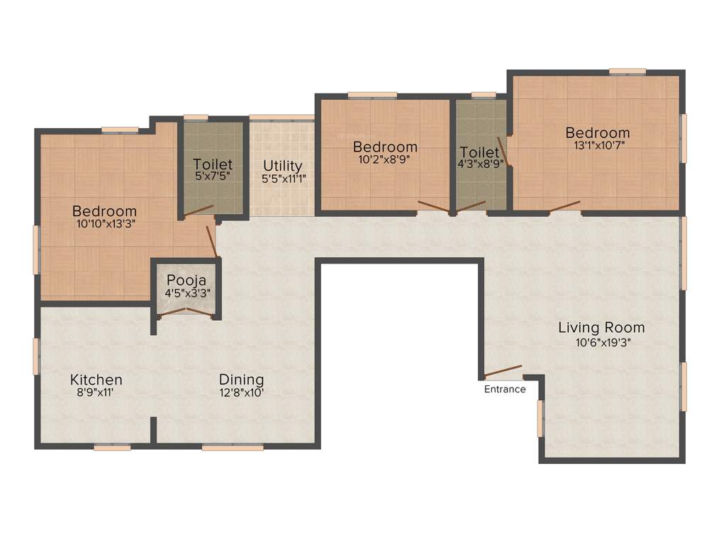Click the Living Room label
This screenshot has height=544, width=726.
coord(601,327)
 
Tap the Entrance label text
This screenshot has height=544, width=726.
coord(505,389)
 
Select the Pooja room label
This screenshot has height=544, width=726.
coord(186,279)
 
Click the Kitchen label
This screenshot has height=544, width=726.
coord(96,380)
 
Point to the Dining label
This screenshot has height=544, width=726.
coord(241,380)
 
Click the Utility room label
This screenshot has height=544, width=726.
coord(282,166)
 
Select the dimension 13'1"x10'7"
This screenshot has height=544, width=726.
coord(597,145)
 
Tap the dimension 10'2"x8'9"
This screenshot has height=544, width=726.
coord(385,159)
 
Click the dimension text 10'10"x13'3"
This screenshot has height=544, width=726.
coord(104,223)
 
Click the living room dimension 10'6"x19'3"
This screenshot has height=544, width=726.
coord(603,342)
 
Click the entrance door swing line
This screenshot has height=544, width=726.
coord(503,372)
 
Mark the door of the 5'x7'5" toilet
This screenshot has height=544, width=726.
coord(199,209)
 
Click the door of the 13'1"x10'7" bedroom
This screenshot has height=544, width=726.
coord(564,206)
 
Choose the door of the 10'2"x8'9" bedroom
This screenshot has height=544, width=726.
coord(432,207)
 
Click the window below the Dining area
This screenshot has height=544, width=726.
coord(233,447)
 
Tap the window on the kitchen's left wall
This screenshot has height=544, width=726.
coord(35,356)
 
